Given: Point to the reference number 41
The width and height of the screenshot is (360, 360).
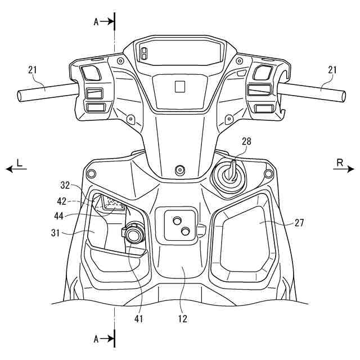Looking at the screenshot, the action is (139, 319).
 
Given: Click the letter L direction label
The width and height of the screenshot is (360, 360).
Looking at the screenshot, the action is (19, 162).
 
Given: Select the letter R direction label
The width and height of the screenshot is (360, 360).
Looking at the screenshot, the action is (340, 162).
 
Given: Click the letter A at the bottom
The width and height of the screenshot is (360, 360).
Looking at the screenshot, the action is (96, 339).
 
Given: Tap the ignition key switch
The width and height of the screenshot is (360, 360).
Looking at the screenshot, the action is (230, 175).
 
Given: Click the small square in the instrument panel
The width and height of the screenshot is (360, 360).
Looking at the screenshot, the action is (179, 86).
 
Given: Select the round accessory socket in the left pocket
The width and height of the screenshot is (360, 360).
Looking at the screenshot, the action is (134, 232).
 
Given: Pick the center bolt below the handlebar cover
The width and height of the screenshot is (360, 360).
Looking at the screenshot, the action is (180, 169).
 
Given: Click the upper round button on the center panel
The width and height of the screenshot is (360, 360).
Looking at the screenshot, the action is (176, 219).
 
